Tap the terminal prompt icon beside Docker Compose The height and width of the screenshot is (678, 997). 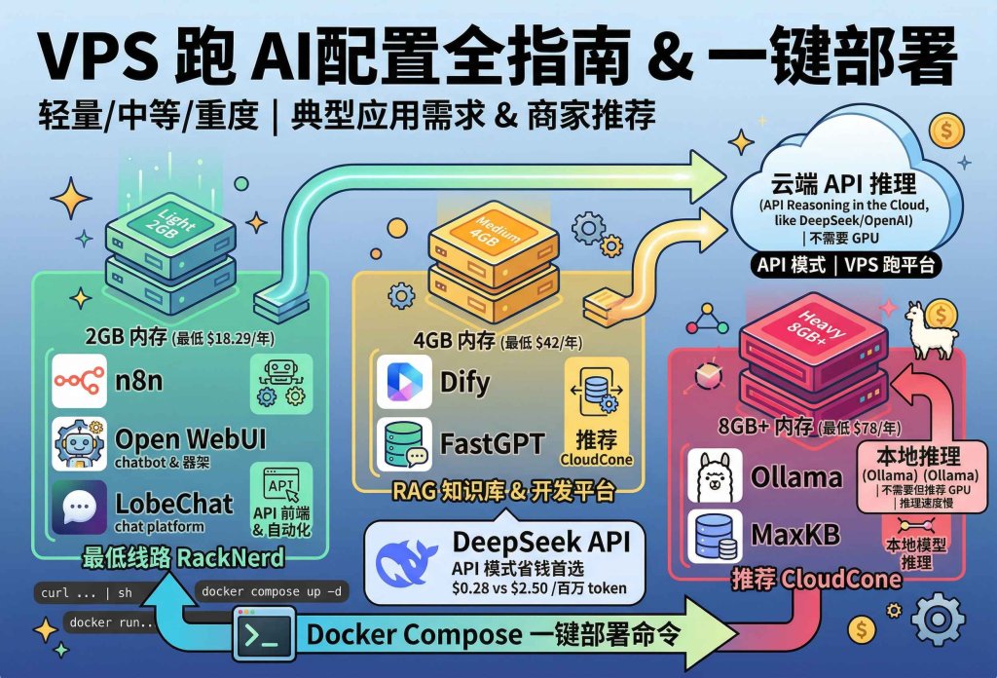click(x=264, y=634)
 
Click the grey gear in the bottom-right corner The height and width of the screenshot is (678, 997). click(x=941, y=620)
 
